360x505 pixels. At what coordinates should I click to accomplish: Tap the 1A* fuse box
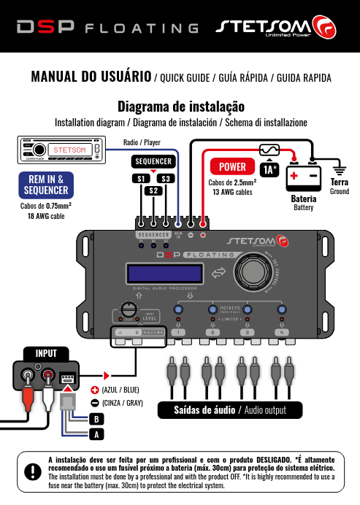point(270,169)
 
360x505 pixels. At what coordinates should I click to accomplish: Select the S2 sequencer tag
point(153,191)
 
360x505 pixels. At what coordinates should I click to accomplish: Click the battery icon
point(303,177)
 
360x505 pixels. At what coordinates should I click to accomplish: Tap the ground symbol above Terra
point(338,167)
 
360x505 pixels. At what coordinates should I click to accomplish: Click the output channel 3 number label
point(248,333)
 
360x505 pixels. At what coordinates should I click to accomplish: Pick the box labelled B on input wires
point(94,420)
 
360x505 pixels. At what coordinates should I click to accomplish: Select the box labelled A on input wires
point(94,433)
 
